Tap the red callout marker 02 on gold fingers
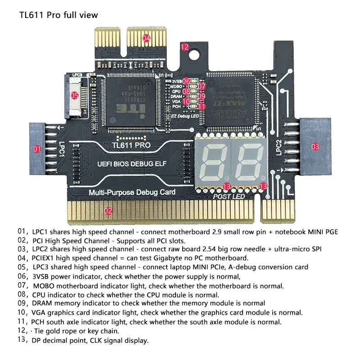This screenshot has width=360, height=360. click(x=108, y=210)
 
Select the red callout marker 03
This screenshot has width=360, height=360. click(x=315, y=146)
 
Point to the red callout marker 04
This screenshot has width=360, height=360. click(x=146, y=38)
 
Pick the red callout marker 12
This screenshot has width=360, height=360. click(x=184, y=46)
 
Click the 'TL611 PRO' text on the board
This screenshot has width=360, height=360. click(x=131, y=145)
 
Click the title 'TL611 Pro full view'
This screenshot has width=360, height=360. click(x=58, y=15)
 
